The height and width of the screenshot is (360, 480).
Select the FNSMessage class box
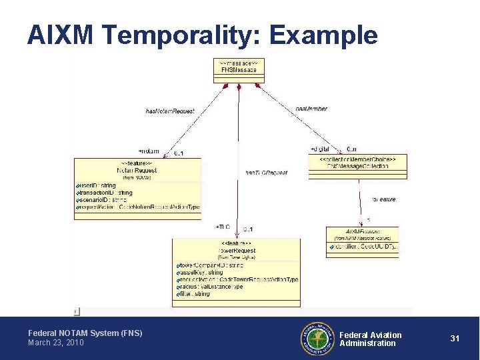(239, 70)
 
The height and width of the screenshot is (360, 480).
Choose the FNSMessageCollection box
(357, 166)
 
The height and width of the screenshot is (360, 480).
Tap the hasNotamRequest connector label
(170, 111)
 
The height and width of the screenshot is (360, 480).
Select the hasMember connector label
(311, 109)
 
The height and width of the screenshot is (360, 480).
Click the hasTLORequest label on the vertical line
(266, 173)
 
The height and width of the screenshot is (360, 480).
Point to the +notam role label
(149, 151)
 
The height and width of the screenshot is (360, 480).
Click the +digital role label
(320, 149)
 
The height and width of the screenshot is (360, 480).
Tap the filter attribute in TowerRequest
(194, 294)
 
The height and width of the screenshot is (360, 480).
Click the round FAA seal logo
(317, 338)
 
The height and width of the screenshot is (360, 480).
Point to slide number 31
(455, 339)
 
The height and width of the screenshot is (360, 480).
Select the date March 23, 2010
(56, 343)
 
